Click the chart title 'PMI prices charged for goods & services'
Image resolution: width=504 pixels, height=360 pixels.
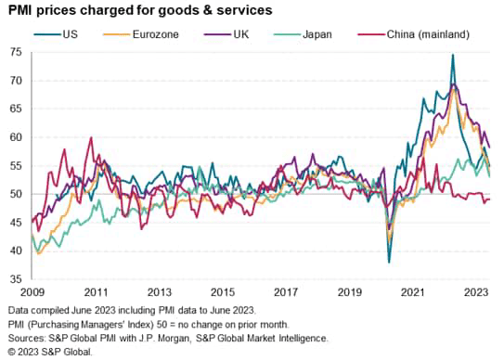[140, 11]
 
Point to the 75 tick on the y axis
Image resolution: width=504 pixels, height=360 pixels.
[16, 52]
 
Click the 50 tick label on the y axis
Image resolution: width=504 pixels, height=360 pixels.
[16, 194]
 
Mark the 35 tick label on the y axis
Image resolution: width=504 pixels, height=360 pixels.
[16, 278]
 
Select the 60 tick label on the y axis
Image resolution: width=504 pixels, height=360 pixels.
[16, 137]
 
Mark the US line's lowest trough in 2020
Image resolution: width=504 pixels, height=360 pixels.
[389, 262]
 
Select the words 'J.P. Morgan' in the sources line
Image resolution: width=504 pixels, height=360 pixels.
[191, 339]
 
